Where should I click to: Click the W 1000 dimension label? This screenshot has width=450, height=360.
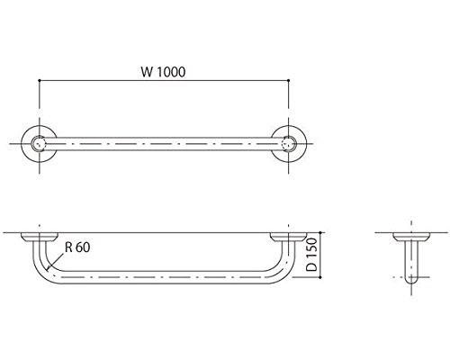click(x=163, y=72)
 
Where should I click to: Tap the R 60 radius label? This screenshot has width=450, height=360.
click(x=77, y=247)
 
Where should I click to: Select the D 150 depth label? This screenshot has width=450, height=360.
click(x=312, y=255)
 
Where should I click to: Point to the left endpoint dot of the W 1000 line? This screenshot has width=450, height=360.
click(x=40, y=80)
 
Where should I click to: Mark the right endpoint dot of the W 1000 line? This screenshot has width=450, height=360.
click(x=289, y=80)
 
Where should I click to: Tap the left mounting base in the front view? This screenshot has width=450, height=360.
click(x=40, y=237)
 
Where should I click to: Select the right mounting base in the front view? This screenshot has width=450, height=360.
click(x=288, y=237)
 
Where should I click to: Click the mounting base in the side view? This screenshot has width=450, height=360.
click(x=411, y=237)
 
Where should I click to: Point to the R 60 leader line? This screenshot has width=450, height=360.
click(x=56, y=261)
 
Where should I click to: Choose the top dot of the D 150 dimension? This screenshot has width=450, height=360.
click(x=321, y=232)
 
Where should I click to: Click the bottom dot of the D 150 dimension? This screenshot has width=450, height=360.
click(x=321, y=277)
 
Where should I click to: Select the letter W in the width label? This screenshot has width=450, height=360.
click(x=147, y=72)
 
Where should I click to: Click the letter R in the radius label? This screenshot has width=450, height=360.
click(x=68, y=247)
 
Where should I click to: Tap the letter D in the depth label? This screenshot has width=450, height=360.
click(x=312, y=267)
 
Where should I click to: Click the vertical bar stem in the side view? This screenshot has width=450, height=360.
click(x=411, y=259)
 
